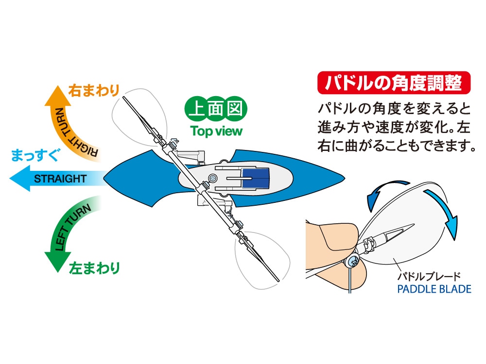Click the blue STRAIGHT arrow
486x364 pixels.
coord(53,178)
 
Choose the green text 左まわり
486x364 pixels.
coord(94,267)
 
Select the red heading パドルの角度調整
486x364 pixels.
coord(394,83)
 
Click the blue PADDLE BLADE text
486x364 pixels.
coord(434,289)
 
